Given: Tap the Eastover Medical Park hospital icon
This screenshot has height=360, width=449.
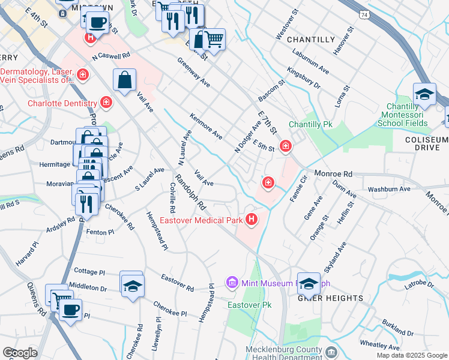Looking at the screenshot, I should [251, 220].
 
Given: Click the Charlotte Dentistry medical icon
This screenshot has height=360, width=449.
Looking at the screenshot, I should [106, 103].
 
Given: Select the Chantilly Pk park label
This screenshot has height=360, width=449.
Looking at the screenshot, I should [310, 125].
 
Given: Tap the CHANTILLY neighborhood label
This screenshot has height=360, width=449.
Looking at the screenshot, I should [310, 40].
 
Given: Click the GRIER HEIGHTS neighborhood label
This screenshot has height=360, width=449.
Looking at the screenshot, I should [331, 298].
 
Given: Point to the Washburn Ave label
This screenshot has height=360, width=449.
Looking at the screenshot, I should [389, 189].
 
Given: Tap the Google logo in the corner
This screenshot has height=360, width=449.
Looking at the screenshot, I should [19, 352].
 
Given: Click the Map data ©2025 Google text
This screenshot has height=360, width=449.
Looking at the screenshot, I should [412, 355].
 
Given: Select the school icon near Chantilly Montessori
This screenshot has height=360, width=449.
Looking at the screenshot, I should [424, 94].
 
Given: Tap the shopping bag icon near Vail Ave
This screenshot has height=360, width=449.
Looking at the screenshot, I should [124, 80].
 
